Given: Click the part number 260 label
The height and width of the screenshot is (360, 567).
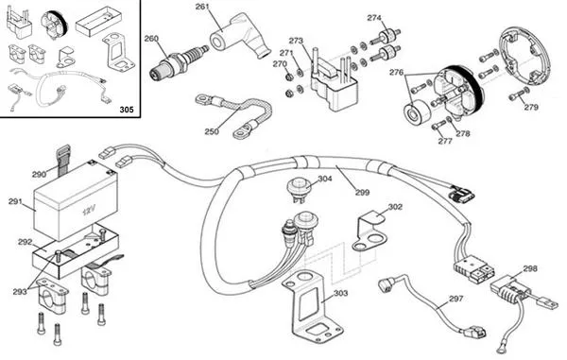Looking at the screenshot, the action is (151, 39).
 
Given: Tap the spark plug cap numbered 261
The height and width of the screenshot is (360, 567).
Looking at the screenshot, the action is (239, 35).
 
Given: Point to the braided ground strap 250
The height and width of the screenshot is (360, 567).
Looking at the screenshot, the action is (234, 114).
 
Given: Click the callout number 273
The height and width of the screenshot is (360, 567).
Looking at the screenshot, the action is (296, 41).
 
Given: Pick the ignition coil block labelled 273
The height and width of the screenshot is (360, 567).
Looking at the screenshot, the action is (334, 84).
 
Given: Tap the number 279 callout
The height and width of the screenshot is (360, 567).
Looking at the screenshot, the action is (531, 107).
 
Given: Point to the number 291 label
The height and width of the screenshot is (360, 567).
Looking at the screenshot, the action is (15, 201).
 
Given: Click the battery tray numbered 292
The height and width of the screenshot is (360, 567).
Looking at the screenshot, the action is (76, 250).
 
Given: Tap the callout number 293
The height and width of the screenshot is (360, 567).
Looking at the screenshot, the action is (20, 291).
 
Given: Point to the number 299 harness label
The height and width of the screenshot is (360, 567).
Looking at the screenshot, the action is (362, 193).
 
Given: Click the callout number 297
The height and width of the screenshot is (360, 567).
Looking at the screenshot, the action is (455, 299).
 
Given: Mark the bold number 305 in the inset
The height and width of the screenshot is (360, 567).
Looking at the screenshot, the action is (127, 110).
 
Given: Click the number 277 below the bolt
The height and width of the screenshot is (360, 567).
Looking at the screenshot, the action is (445, 141).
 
